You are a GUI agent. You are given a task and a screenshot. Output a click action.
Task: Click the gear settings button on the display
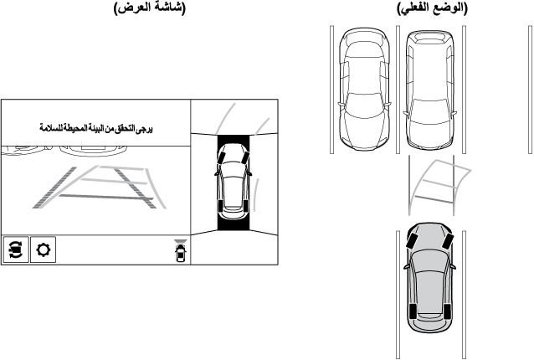(44, 250)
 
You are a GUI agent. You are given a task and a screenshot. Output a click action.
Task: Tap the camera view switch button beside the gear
(16, 250)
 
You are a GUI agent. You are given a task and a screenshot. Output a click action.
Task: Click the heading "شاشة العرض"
(150, 8)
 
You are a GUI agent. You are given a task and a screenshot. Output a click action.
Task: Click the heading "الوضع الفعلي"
(432, 8)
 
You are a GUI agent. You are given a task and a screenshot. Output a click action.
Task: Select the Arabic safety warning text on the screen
(96, 128)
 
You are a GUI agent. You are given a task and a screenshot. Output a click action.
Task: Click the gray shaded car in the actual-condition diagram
(429, 277)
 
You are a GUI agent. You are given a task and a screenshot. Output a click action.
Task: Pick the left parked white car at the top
(364, 89)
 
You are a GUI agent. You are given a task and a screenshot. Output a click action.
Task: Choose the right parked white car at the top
(429, 90)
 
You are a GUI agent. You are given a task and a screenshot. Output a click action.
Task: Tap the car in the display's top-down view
(233, 182)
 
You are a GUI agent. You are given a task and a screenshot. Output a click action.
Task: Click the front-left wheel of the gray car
(412, 241)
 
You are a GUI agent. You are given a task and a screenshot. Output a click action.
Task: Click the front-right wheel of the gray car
(448, 241)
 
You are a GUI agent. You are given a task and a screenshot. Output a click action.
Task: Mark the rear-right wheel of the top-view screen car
(246, 206)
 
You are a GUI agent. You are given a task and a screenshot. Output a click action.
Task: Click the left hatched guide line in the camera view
(54, 188)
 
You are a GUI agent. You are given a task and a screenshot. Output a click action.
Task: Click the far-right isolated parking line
(530, 90)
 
